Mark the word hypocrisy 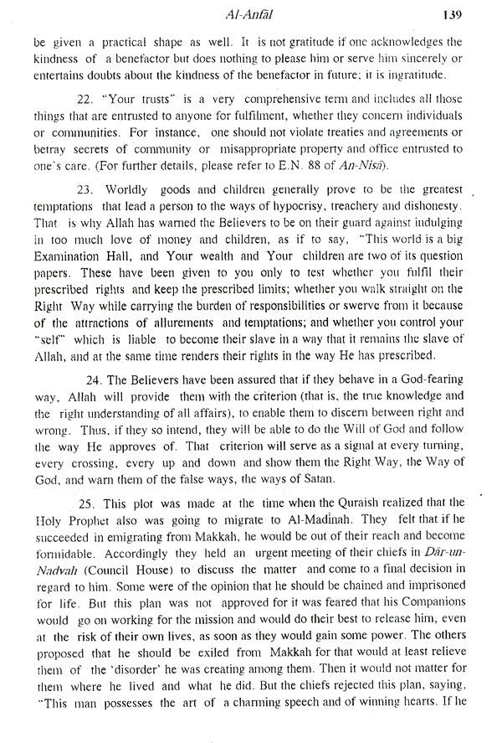click(x=280, y=227)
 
